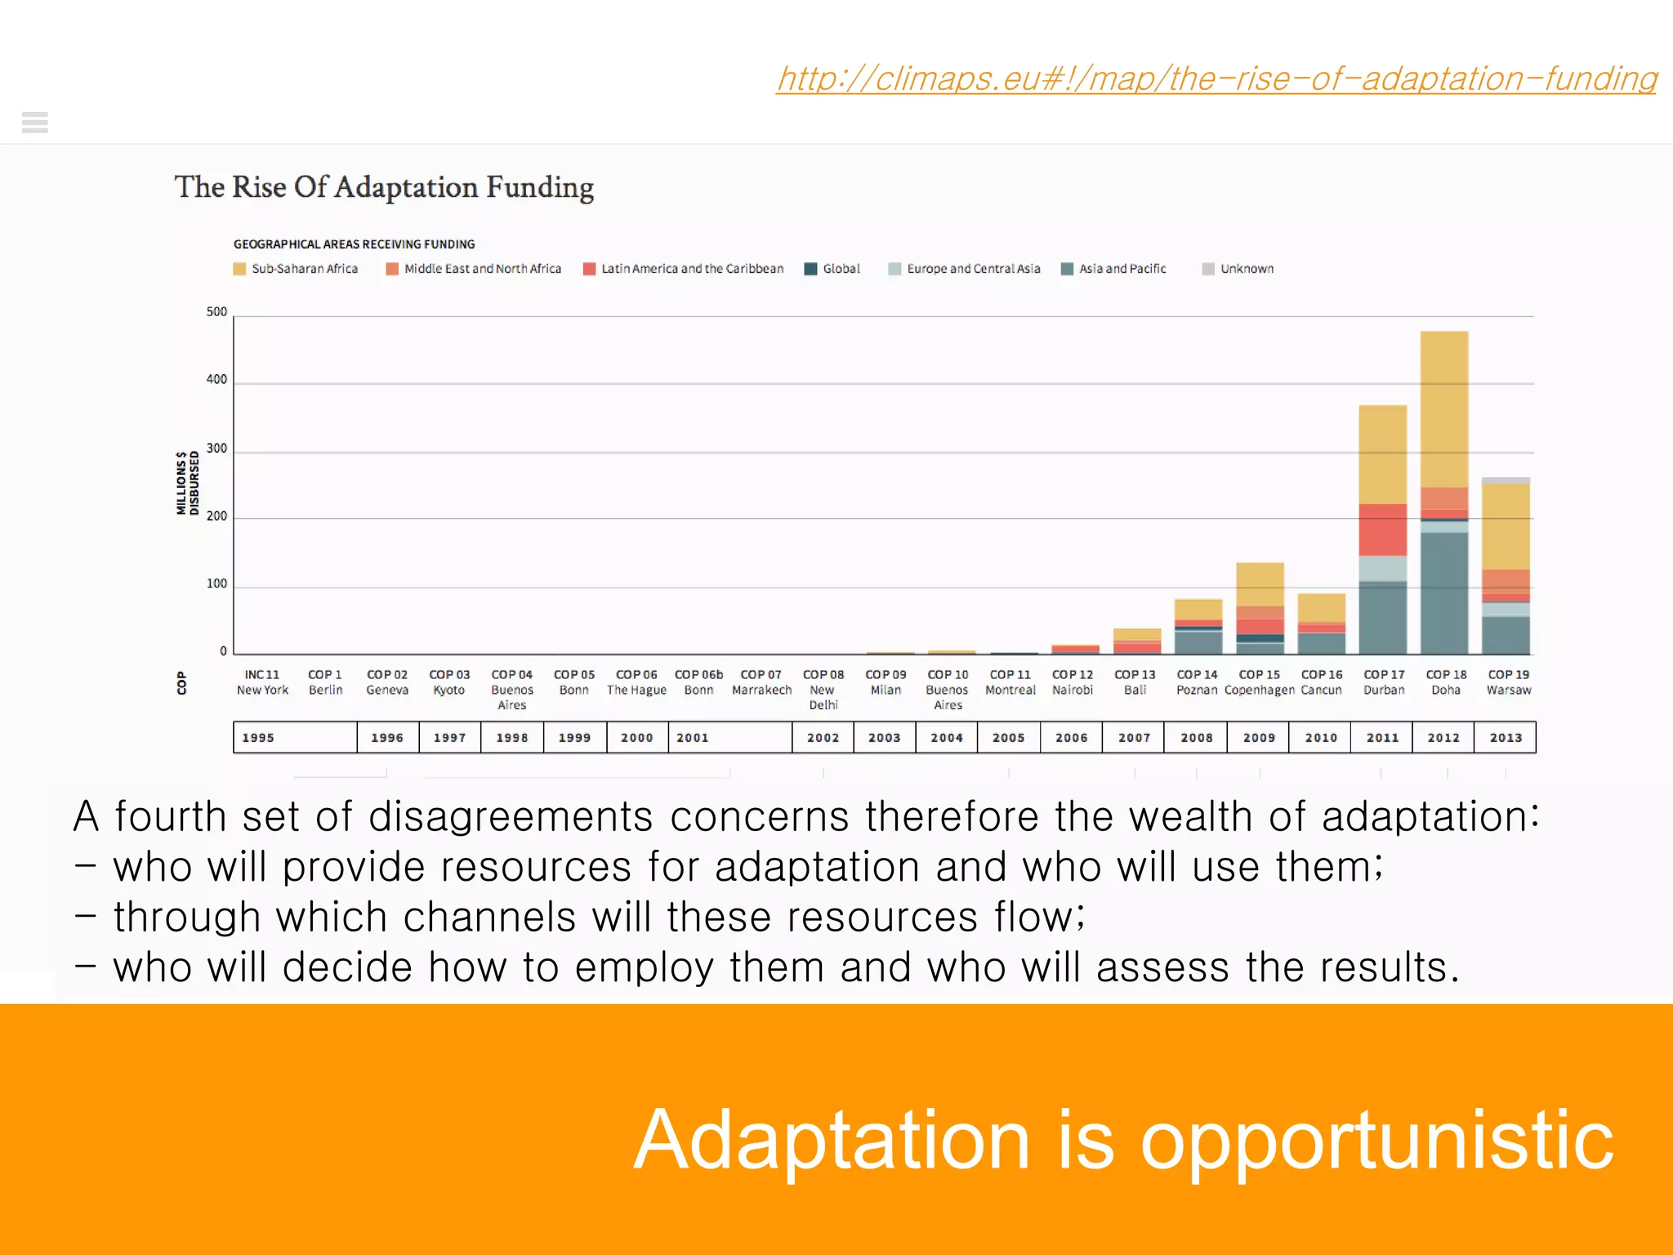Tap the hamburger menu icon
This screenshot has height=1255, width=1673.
click(35, 123)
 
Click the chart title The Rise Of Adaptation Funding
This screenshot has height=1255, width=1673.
click(383, 187)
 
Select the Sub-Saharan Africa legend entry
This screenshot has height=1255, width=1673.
click(296, 269)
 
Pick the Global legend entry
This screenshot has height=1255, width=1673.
click(832, 269)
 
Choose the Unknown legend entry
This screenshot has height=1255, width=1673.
click(1238, 269)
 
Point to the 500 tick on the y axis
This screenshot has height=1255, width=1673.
click(216, 312)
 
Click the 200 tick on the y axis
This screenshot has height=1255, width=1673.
click(216, 516)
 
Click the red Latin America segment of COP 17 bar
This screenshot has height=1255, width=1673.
click(1382, 529)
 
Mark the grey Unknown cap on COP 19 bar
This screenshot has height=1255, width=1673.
click(1506, 480)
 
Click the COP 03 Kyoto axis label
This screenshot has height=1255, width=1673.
click(449, 682)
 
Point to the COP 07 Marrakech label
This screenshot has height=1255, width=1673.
click(761, 682)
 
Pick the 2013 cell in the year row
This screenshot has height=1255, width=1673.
click(1505, 737)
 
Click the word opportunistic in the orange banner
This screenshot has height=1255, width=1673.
click(1376, 1141)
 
